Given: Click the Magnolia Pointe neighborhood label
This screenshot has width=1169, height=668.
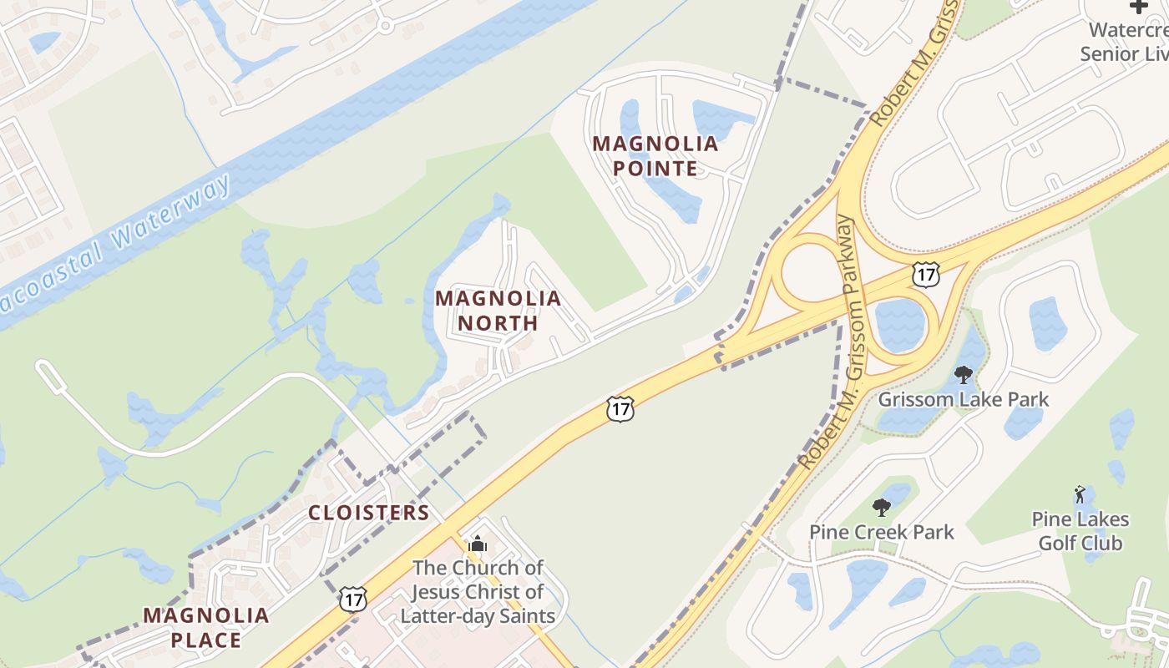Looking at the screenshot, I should click(x=655, y=156).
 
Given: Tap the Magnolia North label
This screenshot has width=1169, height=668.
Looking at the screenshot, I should click(x=498, y=310).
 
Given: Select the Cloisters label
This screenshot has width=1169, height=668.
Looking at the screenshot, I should click(x=368, y=513).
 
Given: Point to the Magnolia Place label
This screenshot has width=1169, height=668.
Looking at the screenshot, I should click(x=205, y=628).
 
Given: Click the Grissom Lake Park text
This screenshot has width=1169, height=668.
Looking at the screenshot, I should click(x=963, y=399).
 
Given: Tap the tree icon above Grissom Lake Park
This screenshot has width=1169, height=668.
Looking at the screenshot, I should click(x=964, y=374).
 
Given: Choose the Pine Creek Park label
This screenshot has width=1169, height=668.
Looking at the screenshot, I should click(x=881, y=531).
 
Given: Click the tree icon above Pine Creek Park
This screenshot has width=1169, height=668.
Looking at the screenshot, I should click(x=881, y=507).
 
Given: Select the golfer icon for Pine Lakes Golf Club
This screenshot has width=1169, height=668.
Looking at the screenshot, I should click(x=1080, y=494).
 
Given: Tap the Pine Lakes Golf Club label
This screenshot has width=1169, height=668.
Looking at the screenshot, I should click(x=1080, y=531).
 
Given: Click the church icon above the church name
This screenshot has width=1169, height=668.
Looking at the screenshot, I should click(x=478, y=544).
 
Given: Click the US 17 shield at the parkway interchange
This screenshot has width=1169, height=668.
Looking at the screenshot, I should click(x=926, y=273).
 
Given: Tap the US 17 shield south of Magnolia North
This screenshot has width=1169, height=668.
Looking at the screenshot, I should click(x=620, y=408).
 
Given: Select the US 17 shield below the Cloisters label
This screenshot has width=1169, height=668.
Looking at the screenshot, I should click(x=353, y=598).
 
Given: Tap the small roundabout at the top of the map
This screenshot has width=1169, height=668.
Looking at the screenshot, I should click(x=385, y=26).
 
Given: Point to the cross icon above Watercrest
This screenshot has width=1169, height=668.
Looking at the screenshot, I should click(x=1139, y=7).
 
